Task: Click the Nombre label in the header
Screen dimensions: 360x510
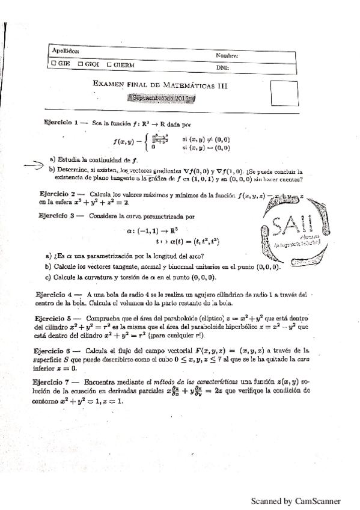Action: (227, 55)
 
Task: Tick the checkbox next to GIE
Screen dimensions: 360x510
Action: (54, 63)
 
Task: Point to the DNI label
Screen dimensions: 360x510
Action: (222, 68)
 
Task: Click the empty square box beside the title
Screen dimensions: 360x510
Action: (284, 93)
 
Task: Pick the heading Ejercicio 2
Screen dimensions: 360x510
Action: (55, 195)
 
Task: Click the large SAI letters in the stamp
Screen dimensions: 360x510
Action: (288, 227)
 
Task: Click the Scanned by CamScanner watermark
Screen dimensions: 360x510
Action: (295, 500)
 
